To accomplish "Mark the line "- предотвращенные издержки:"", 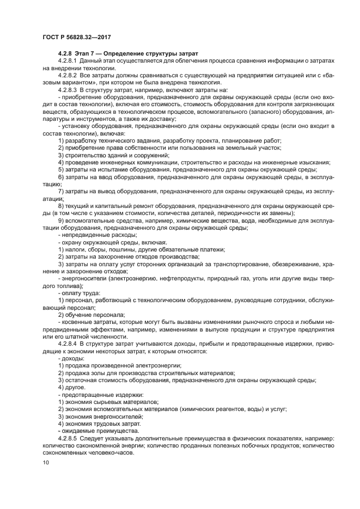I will tap(94, 394).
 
